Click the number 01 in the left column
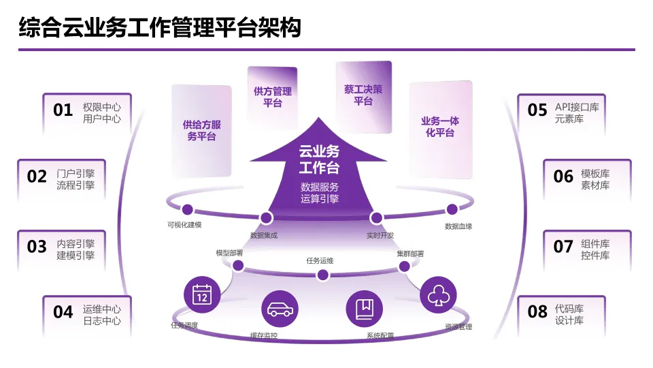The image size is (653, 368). (63, 110)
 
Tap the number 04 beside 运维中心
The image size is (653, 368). (63, 312)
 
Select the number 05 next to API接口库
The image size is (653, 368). (537, 110)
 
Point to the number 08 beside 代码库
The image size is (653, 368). (537, 312)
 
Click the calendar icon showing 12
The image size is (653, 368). (201, 294)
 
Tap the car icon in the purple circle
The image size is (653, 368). (279, 309)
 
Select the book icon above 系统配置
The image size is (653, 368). (364, 309)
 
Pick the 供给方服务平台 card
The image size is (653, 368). (201, 130)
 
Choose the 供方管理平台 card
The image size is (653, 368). (272, 97)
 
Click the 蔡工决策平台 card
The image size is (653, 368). (363, 95)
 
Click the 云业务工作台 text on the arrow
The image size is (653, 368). (319, 159)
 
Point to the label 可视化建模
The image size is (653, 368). (184, 225)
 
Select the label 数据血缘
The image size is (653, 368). (458, 226)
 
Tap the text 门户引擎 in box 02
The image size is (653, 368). (76, 174)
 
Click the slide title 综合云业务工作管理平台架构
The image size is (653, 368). (160, 29)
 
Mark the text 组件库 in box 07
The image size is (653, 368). (595, 244)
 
